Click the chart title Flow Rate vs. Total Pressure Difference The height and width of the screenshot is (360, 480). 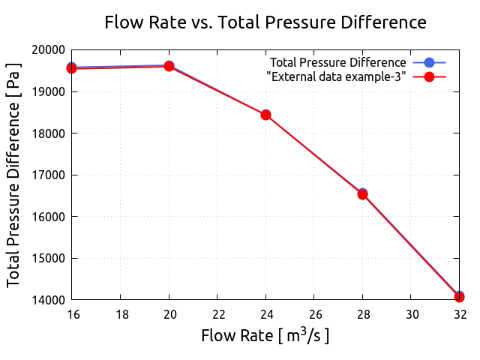coord(265,22)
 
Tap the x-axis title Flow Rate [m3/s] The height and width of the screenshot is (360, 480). coord(265,334)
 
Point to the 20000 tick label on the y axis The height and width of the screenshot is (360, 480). coord(47,50)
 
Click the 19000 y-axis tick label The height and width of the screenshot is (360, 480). coord(47,91)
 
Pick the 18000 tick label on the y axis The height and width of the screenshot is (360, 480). coord(47,133)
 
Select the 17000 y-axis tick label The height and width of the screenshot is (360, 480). coord(47,175)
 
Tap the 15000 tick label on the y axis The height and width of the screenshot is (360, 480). coord(47,259)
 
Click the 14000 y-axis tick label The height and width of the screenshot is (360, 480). coord(47,300)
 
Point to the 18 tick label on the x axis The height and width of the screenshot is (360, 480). coord(121,313)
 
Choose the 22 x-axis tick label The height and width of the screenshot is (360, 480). coord(218,313)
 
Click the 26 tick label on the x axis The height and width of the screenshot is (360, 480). coord(315,313)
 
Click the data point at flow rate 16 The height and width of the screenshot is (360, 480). coord(72,68)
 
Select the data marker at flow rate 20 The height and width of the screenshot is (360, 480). coord(169,66)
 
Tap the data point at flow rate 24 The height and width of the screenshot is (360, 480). coord(265,115)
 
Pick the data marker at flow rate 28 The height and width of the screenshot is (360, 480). coord(362,194)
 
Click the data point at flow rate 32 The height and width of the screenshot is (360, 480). coord(459,297)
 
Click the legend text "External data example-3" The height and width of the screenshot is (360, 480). coord(337,76)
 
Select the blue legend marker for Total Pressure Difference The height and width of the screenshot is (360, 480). coord(429,62)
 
